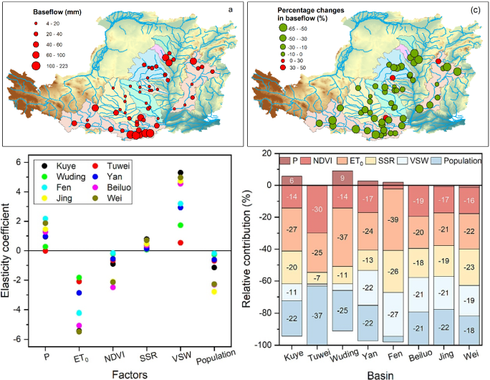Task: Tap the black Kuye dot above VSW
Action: click(x=181, y=173)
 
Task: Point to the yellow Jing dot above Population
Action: click(x=213, y=291)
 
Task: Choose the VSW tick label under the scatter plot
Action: click(x=180, y=356)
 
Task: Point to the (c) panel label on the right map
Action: click(x=476, y=9)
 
